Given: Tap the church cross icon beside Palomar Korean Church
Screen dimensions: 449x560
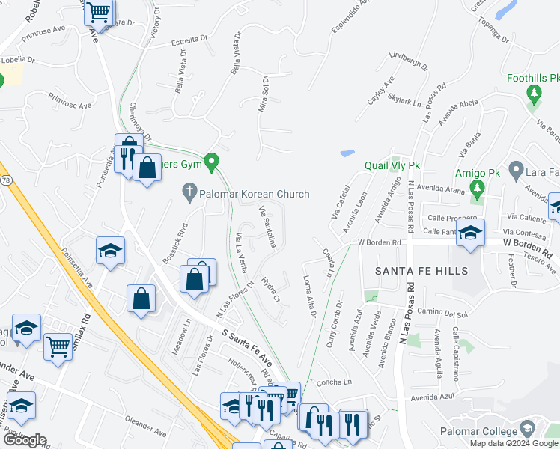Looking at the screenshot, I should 189,194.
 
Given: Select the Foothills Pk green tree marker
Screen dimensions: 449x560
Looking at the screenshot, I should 533,94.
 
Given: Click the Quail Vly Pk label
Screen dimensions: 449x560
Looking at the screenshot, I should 393,165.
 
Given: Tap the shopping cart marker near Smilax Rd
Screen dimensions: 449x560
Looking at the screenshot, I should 58,346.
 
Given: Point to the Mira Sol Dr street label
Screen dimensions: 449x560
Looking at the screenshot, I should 263,94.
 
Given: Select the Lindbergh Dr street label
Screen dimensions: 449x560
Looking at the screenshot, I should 408,61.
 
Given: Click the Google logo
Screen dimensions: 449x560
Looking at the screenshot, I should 24,440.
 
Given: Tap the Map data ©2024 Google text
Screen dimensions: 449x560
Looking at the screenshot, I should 513,443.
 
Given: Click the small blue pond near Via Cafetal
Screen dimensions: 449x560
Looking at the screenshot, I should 347,153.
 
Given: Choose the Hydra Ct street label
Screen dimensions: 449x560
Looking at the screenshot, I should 270,288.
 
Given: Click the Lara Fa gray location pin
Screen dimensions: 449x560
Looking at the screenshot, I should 515,171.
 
